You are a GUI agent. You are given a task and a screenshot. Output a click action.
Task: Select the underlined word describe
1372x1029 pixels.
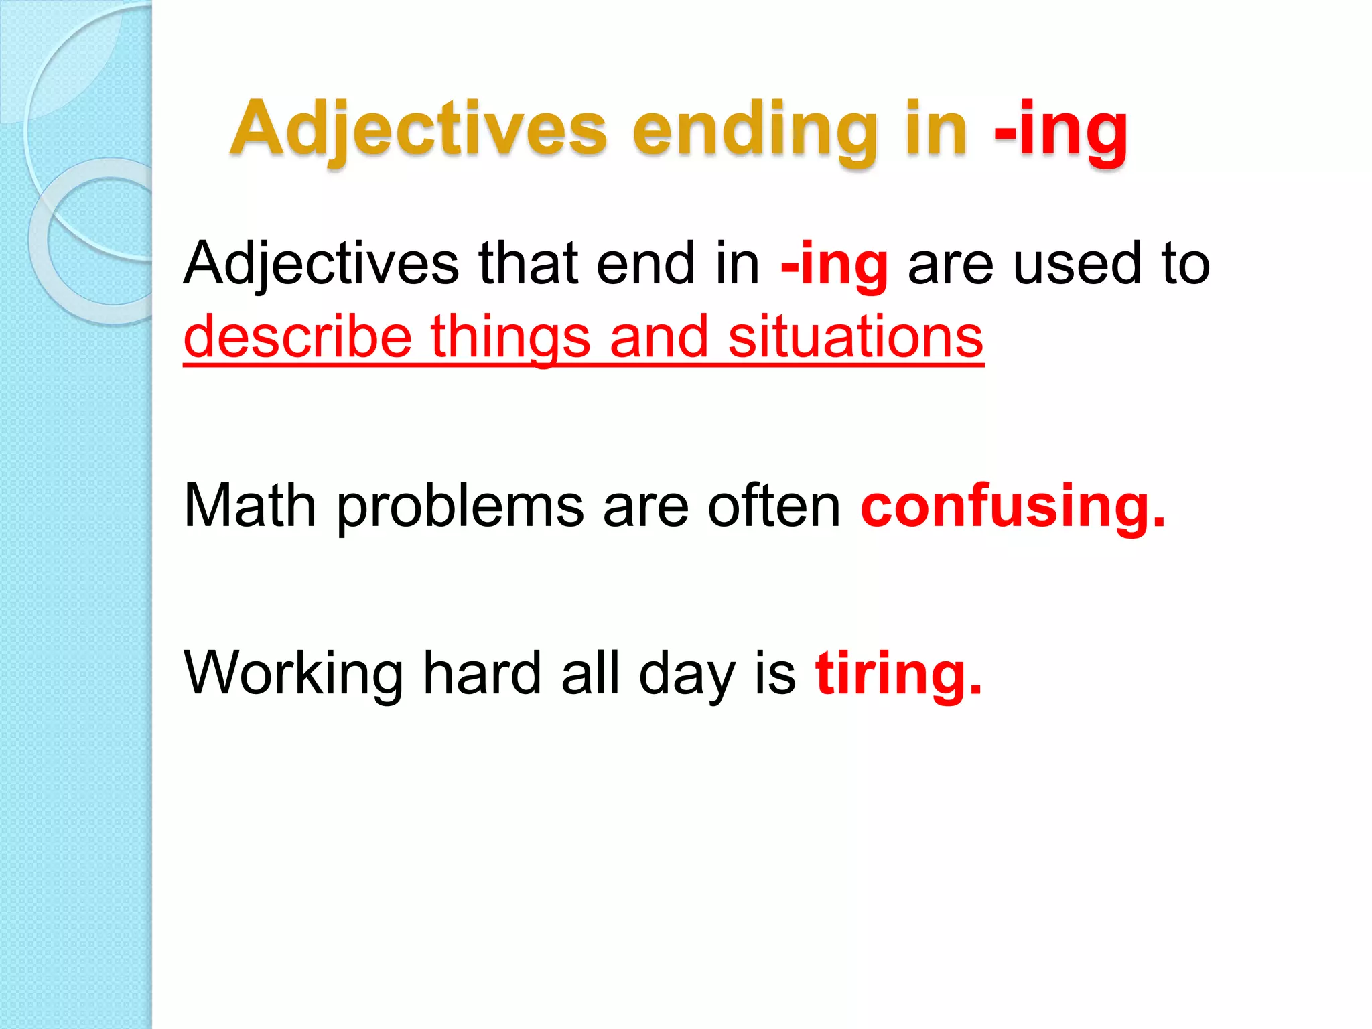(x=297, y=337)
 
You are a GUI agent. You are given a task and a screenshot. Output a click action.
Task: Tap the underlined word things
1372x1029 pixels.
(x=510, y=337)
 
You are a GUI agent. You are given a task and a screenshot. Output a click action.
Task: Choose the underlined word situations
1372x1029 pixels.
(x=855, y=337)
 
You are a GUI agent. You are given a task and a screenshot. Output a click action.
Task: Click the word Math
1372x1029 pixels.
(x=250, y=506)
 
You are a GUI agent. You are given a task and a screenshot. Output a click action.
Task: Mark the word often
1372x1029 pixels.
(x=774, y=506)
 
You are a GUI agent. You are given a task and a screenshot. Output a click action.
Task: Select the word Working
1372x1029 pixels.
(x=293, y=673)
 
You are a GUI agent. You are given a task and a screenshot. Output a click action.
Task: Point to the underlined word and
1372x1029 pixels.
(x=659, y=337)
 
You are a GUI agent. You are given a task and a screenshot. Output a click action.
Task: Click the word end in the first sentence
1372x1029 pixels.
(x=645, y=264)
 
